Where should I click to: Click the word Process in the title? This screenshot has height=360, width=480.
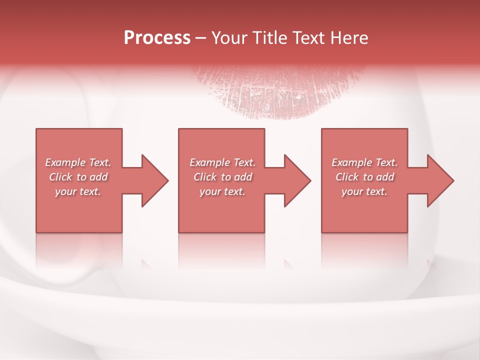tap(157, 38)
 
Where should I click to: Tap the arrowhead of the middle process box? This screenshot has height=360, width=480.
tap(295, 180)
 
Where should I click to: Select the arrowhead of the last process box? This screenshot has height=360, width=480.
tap(439, 180)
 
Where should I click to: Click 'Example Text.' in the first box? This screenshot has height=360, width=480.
tap(78, 162)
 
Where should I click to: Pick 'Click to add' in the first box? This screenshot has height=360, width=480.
tap(78, 177)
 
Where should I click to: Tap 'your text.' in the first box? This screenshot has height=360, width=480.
tap(78, 191)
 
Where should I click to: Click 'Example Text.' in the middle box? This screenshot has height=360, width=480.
tap(222, 162)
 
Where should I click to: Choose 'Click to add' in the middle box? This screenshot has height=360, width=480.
tap(222, 177)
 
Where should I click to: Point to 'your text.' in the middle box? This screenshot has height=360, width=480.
tap(222, 191)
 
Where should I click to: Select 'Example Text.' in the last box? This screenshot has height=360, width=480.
tap(364, 162)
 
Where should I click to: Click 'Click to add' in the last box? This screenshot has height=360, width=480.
tap(364, 177)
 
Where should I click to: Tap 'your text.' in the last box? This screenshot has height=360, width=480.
tap(364, 191)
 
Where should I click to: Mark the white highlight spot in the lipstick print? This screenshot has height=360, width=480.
tap(298, 96)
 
